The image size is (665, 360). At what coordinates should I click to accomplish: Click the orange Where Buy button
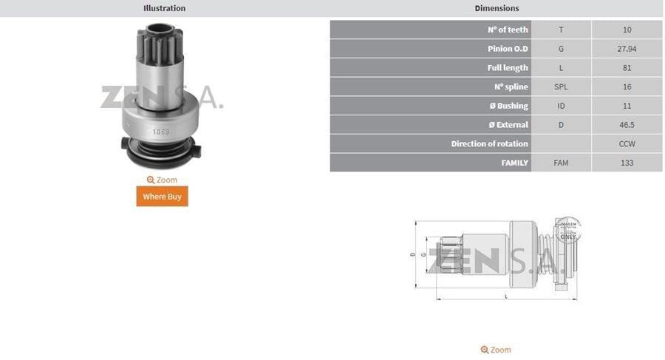[162, 197]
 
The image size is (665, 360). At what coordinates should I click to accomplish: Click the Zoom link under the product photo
[162, 180]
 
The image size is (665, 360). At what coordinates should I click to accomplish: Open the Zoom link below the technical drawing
[495, 350]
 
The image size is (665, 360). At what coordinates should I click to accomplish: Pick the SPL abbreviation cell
[561, 86]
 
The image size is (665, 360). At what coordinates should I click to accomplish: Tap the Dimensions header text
[497, 8]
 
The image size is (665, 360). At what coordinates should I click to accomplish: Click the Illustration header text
[164, 8]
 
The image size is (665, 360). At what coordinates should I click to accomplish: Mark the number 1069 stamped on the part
[160, 132]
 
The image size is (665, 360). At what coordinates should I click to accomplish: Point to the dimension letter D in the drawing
[412, 254]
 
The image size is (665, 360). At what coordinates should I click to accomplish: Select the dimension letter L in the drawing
[505, 296]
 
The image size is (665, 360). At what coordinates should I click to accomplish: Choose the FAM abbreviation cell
[561, 163]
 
